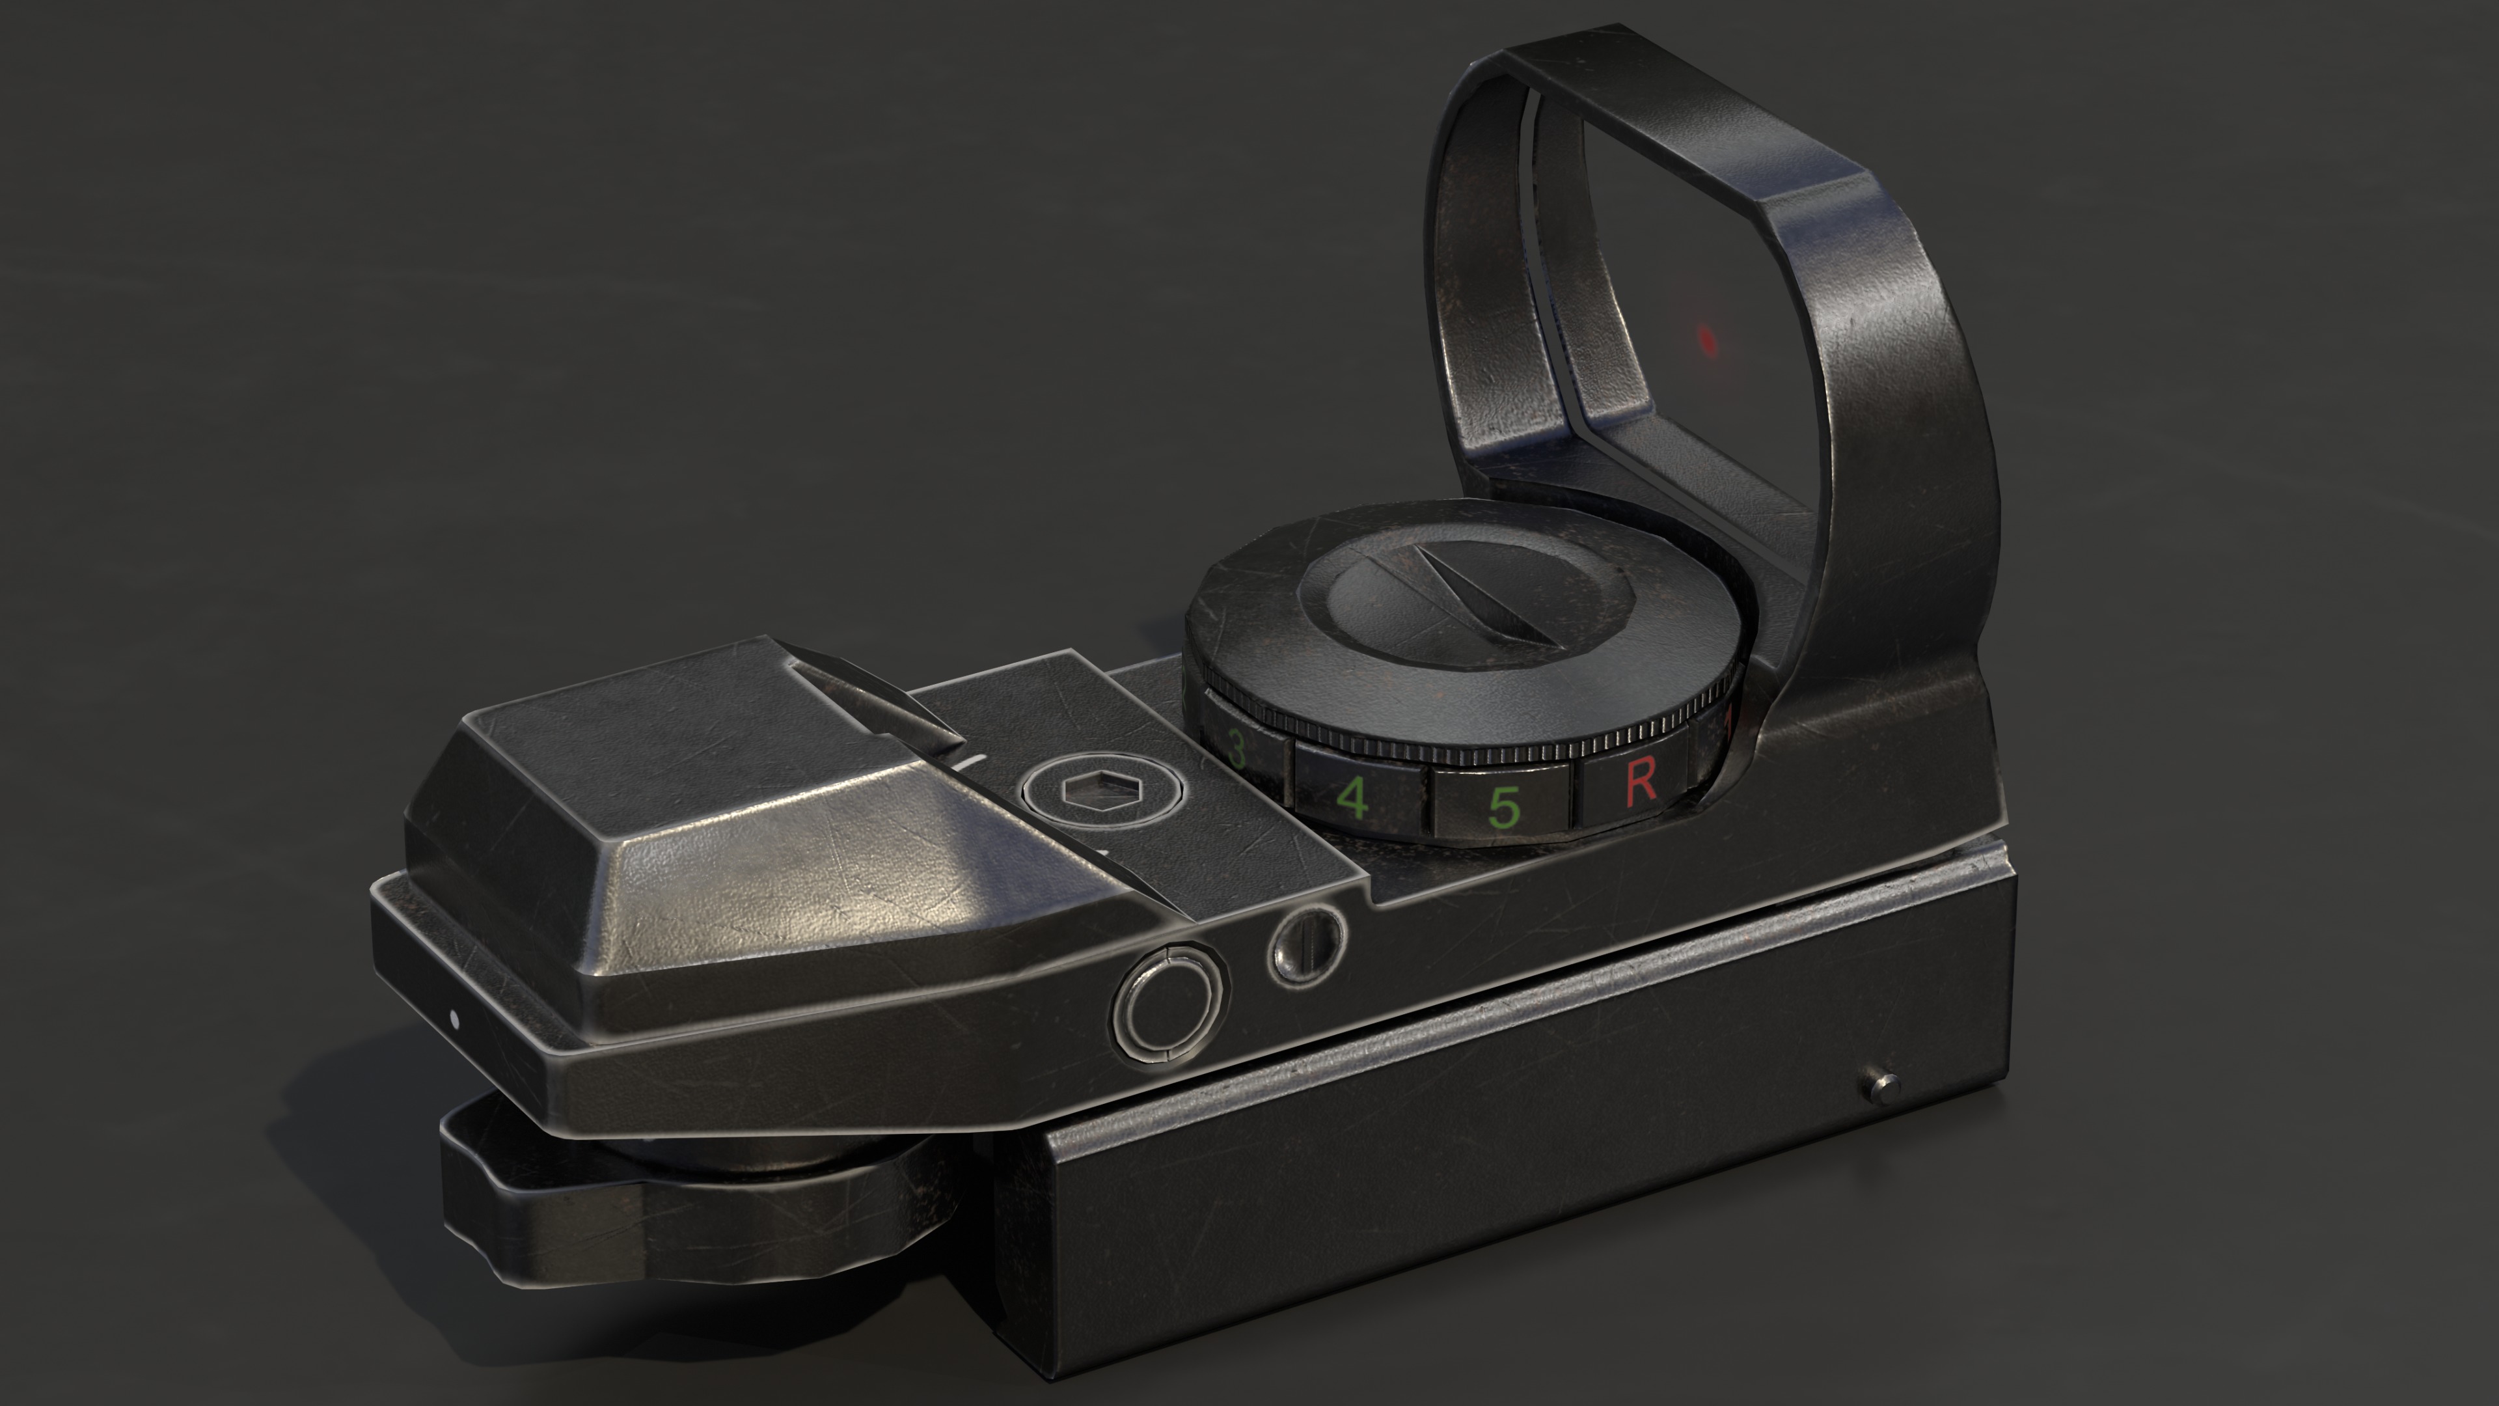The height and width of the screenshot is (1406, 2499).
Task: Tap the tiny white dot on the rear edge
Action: [x=453, y=1019]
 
